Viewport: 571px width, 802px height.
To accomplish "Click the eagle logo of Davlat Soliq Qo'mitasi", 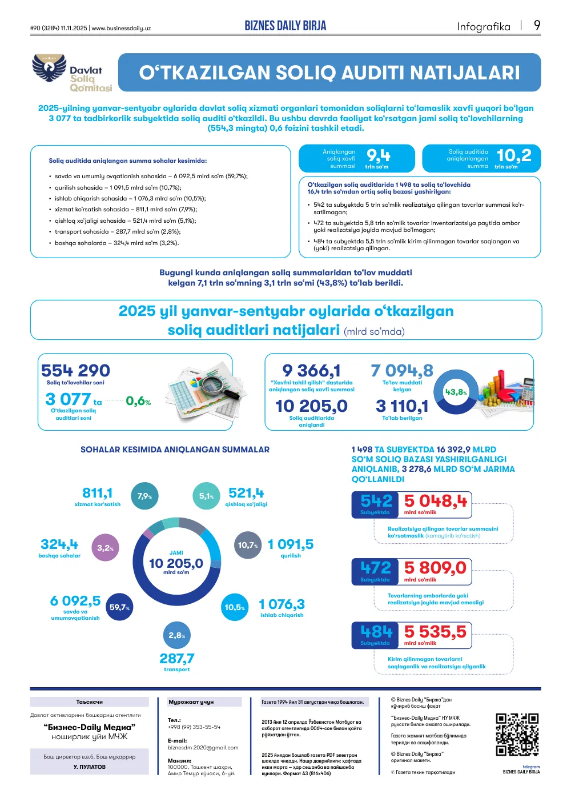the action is (x=49, y=67).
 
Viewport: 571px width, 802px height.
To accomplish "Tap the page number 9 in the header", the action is (x=537, y=26).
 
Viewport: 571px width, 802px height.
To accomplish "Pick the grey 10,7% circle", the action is (x=248, y=545).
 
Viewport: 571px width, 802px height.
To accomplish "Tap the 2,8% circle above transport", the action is (x=177, y=635).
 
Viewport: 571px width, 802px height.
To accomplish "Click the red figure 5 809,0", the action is (x=435, y=568).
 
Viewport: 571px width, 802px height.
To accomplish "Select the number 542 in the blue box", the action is (x=376, y=500).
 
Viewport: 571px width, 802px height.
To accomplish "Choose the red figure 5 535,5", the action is (x=435, y=632).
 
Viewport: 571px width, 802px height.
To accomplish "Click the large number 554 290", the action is (x=75, y=371).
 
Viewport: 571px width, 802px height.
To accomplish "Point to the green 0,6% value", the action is (x=138, y=401).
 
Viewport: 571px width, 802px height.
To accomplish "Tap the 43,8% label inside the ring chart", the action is (x=456, y=392).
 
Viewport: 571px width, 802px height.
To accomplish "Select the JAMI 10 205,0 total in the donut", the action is (x=176, y=562).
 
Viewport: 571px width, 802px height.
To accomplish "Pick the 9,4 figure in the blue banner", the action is (x=378, y=155).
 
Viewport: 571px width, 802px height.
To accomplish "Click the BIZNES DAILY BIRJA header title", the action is (x=285, y=26).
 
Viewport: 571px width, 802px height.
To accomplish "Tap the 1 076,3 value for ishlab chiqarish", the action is (x=282, y=604).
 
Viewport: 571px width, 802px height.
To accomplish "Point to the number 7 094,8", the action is (x=402, y=371).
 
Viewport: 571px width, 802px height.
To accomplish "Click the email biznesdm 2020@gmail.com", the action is (x=203, y=748).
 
